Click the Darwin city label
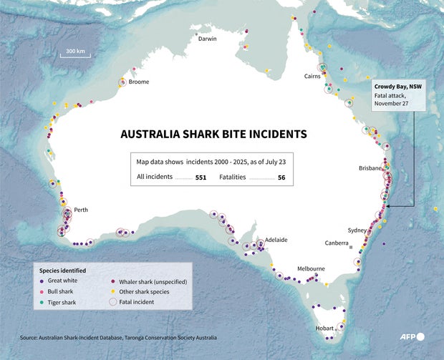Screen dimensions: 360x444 207,39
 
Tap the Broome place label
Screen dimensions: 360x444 139,82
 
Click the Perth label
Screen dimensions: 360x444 81,210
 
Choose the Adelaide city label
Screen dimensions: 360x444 276,240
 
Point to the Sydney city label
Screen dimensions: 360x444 357,230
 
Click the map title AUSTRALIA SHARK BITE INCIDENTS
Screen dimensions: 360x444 213,134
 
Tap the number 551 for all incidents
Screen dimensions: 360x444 201,177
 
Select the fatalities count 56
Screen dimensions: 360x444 281,177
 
